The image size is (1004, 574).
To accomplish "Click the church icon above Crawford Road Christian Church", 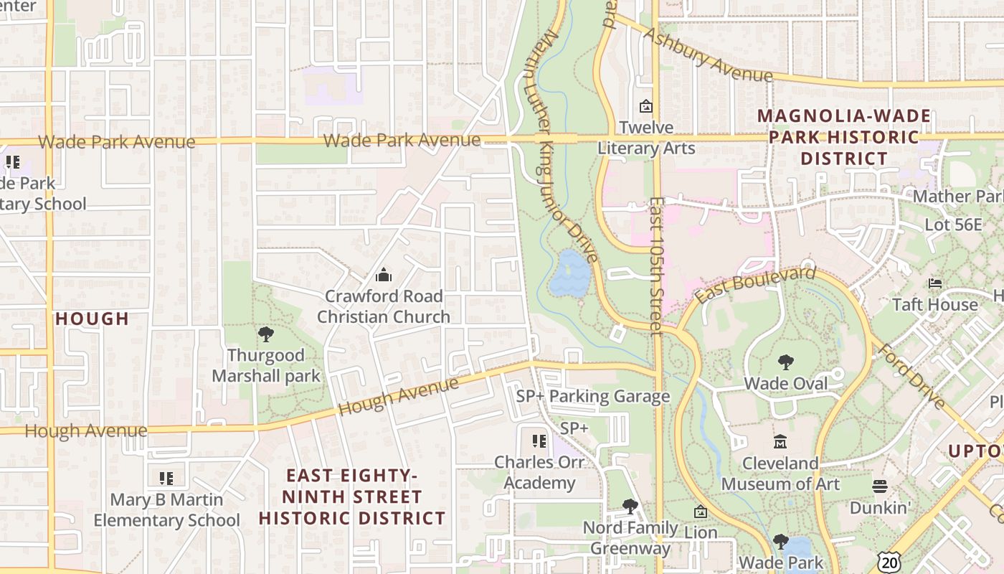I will click(x=384, y=275).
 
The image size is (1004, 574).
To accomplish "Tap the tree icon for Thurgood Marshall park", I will click(x=266, y=334).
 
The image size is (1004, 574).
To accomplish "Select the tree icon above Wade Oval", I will click(x=785, y=362).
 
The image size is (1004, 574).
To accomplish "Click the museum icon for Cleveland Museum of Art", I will click(x=780, y=442).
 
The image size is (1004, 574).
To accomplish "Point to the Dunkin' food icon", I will click(x=880, y=486).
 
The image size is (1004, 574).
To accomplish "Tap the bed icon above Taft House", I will click(x=935, y=283).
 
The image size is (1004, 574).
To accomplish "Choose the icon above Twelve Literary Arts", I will click(x=646, y=106).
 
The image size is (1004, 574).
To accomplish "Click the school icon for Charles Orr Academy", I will click(x=539, y=441).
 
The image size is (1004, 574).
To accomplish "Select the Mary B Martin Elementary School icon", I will click(x=166, y=478).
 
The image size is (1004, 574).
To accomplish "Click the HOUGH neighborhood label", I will click(x=93, y=319).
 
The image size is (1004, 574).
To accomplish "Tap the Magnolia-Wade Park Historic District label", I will click(x=844, y=136).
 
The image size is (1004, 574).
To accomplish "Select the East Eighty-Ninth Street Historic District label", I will click(x=352, y=497).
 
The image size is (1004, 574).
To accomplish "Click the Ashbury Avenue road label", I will click(x=709, y=55).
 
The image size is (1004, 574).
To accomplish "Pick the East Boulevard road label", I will click(x=755, y=285).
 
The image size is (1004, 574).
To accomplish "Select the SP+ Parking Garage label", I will click(x=593, y=396).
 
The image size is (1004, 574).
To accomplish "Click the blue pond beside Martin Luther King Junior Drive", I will click(x=570, y=273).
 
